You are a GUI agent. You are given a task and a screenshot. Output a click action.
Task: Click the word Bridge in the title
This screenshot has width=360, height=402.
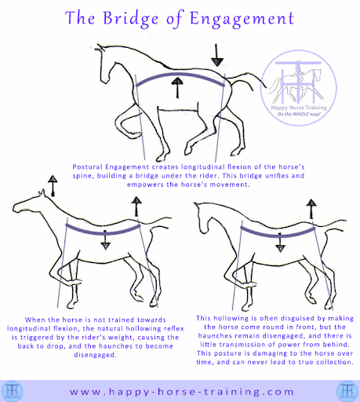point(131,19)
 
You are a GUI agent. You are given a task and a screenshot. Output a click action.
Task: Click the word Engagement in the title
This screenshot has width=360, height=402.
point(242,19)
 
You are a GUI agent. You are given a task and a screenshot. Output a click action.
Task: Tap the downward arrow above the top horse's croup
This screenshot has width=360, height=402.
point(217,55)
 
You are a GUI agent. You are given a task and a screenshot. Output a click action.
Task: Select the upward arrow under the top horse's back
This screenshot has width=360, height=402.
point(177,87)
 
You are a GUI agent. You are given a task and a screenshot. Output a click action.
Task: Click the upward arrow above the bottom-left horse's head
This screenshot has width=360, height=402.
point(53,185)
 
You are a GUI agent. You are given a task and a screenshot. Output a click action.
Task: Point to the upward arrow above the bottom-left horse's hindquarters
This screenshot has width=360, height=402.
point(136,206)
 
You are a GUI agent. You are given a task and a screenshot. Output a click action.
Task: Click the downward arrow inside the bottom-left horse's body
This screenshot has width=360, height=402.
point(105,240)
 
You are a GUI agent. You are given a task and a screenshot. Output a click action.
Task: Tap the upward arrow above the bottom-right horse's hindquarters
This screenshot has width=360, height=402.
point(311,209)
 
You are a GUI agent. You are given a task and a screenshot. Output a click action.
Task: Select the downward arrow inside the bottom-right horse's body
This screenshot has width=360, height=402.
point(280,243)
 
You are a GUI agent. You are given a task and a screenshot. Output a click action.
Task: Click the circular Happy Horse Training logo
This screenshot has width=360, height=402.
point(299,88)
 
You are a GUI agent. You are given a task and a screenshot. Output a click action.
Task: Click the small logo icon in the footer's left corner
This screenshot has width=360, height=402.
point(13,391)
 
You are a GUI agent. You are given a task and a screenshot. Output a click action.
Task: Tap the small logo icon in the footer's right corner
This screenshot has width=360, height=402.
point(347,391)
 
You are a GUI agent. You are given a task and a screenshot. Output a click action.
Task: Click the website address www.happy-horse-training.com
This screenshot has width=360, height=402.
point(182,392)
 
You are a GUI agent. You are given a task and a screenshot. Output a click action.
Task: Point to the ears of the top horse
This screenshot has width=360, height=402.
point(100,47)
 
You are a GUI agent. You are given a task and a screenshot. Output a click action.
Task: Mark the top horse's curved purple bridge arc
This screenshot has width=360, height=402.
point(180,75)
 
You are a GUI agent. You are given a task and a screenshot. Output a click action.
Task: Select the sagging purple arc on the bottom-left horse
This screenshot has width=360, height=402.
point(104,232)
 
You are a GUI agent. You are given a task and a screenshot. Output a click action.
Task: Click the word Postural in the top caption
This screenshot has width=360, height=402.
point(87,167)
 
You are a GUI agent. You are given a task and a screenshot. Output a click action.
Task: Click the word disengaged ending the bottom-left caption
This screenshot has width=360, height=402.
point(95,355)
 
